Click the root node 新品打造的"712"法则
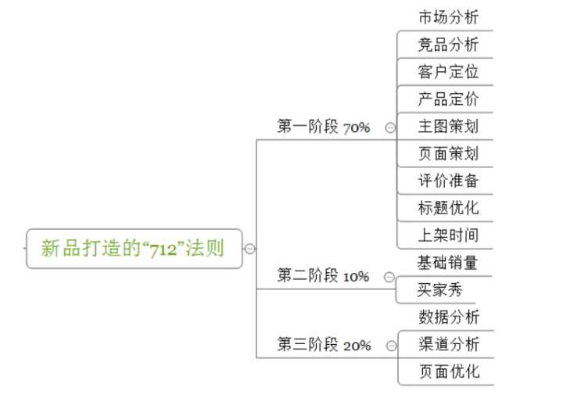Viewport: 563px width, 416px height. (134, 249)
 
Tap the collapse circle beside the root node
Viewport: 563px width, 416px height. (249, 249)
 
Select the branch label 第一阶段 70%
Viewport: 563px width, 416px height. (323, 127)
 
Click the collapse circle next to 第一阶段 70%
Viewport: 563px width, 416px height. (390, 127)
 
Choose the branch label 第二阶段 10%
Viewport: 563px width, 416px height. (323, 276)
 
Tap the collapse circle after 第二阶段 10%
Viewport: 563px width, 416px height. (389, 277)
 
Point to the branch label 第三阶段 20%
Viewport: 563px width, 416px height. (324, 345)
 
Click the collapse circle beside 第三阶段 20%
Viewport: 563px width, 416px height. (392, 346)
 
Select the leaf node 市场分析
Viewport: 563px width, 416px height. (449, 17)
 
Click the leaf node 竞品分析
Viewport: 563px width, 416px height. (449, 45)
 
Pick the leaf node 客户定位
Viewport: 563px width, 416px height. (449, 72)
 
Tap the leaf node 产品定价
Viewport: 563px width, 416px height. (449, 99)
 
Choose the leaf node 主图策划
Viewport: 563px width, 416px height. (449, 127)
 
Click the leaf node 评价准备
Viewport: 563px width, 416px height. (449, 181)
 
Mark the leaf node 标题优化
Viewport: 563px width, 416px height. (449, 208)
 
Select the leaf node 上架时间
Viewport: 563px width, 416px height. (449, 235)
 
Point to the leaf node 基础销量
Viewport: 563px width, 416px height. (447, 263)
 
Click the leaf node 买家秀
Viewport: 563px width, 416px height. (439, 289)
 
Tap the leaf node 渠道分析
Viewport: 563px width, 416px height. (449, 344)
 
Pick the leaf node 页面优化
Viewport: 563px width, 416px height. (450, 371)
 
